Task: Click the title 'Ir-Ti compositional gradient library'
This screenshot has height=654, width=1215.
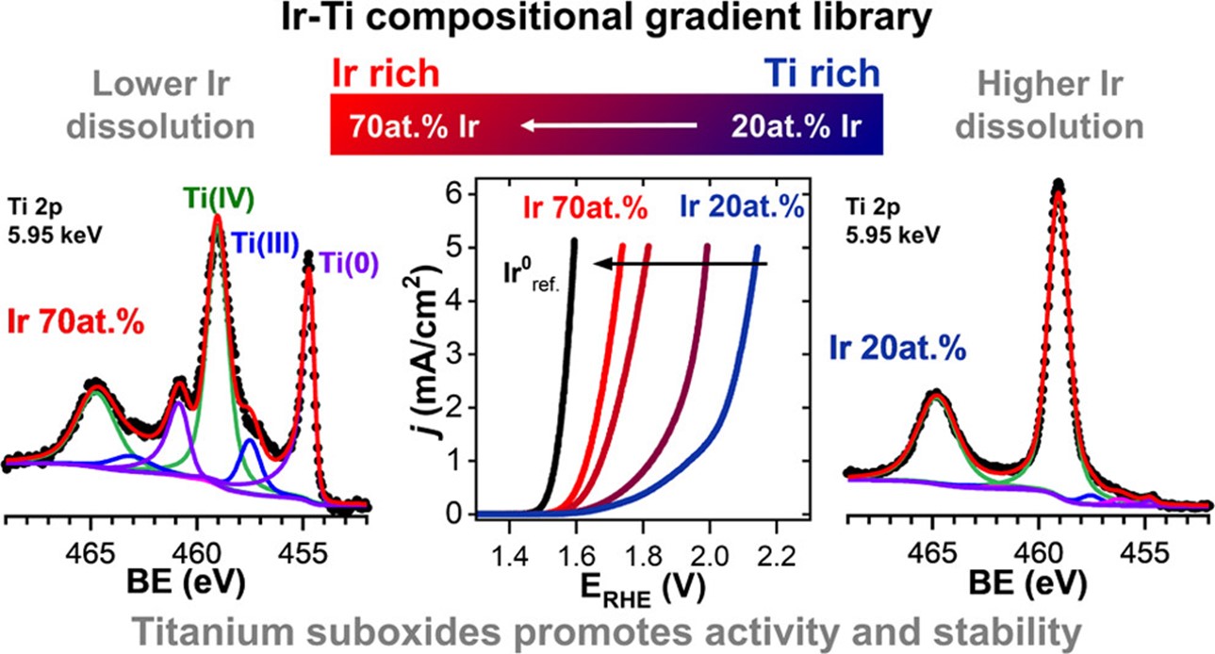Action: click(x=607, y=21)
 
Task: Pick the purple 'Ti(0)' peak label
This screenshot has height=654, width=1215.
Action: click(x=348, y=265)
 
